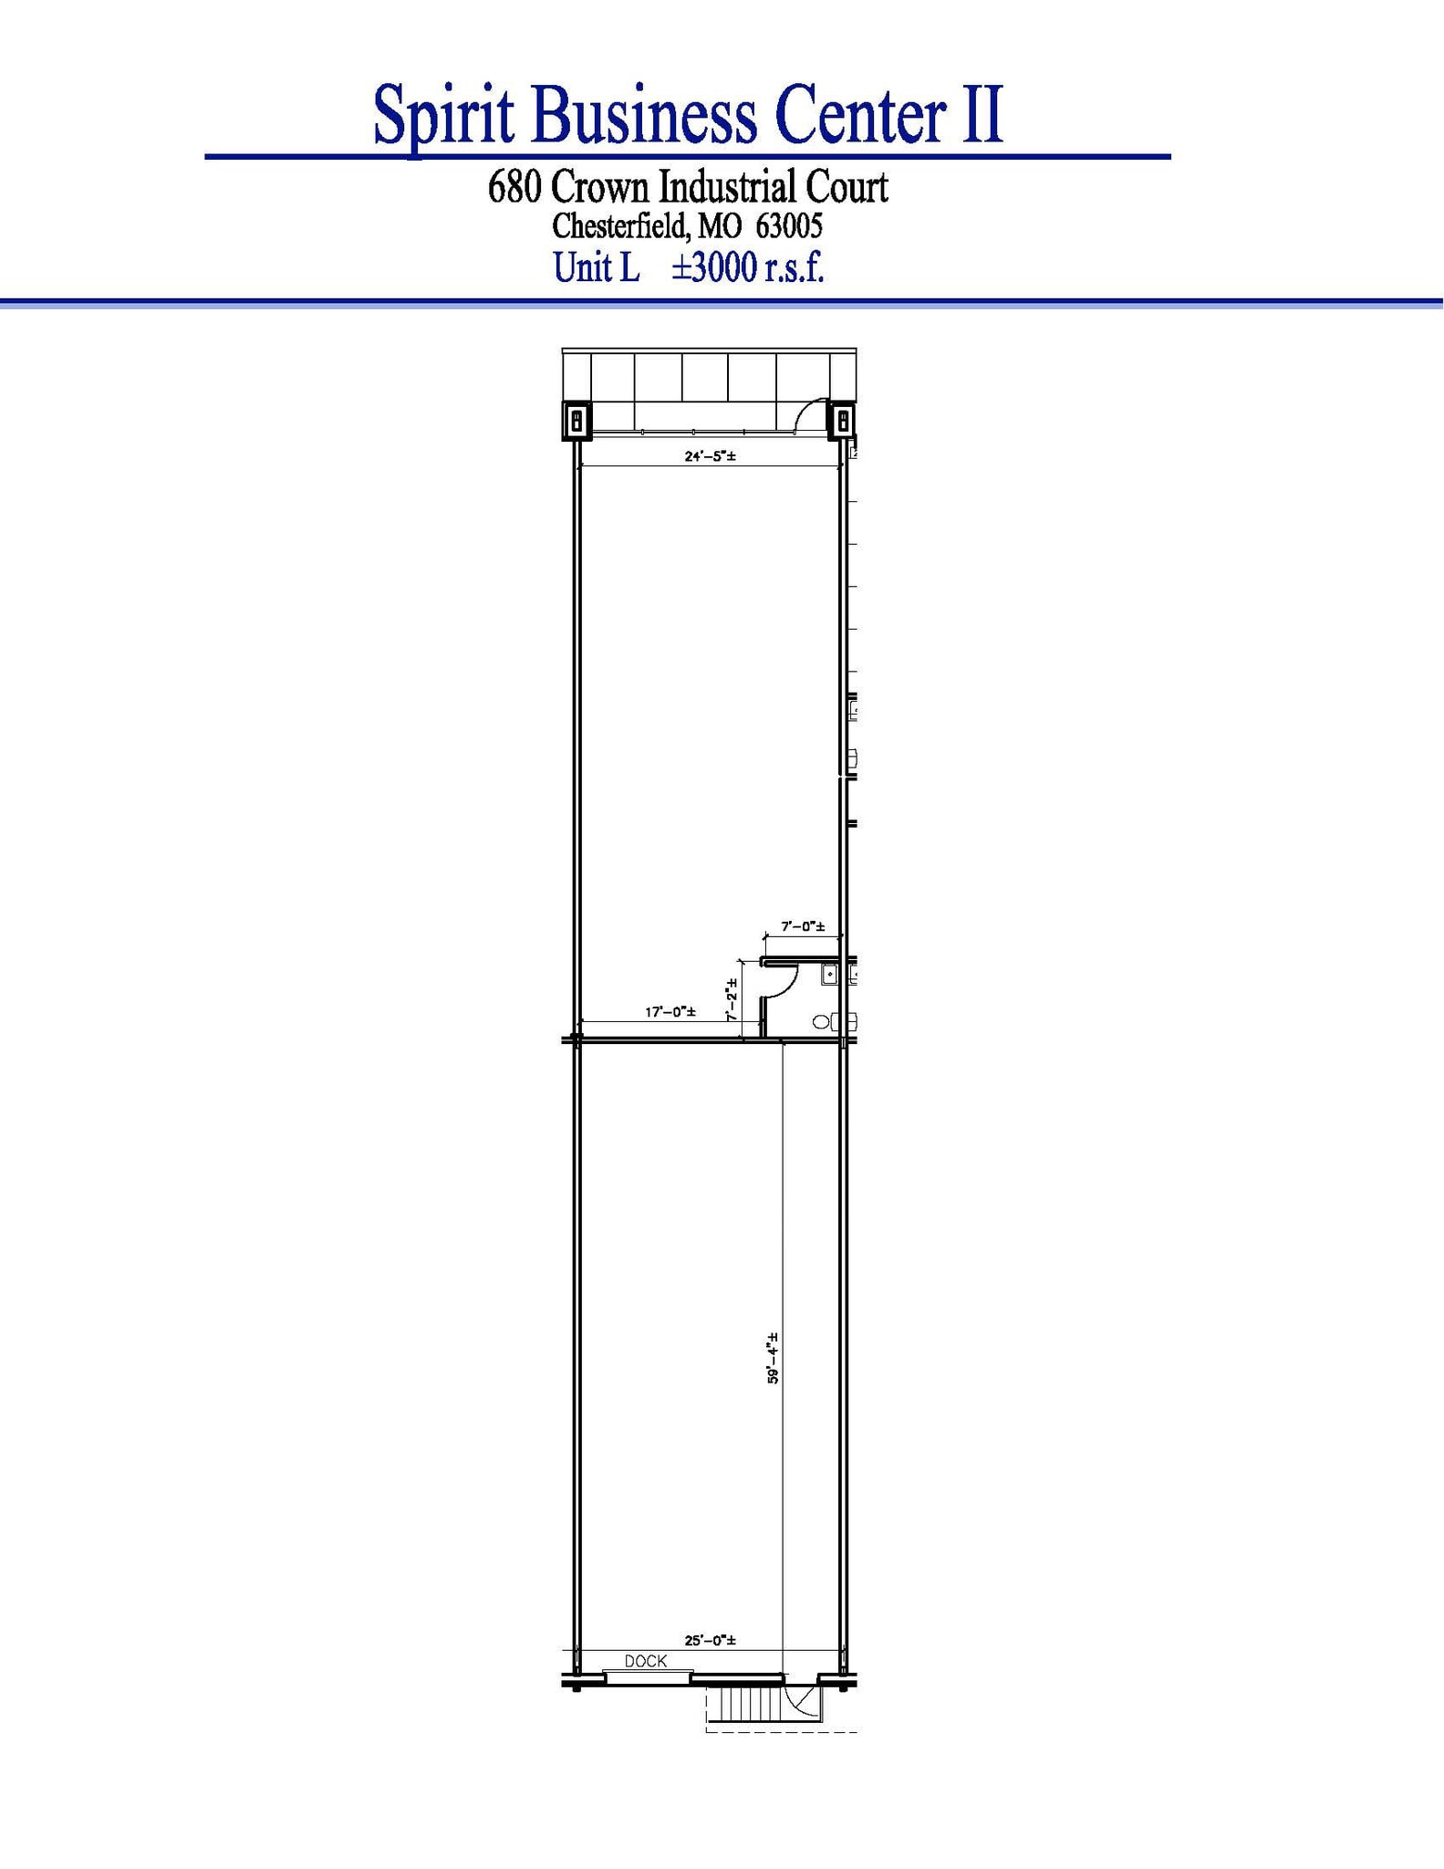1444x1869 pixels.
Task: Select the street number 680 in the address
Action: [x=516, y=187]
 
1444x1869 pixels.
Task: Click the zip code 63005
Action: [x=789, y=225]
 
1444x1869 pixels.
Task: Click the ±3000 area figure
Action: [x=714, y=267]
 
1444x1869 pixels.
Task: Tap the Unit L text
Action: [x=597, y=267]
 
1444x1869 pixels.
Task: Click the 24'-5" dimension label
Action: [x=710, y=456]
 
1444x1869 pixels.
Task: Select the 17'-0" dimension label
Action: [x=670, y=1012]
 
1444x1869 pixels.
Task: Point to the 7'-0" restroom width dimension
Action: [x=803, y=926]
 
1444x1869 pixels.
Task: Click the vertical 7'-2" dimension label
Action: [x=732, y=999]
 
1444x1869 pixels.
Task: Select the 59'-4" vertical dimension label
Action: [x=773, y=1358]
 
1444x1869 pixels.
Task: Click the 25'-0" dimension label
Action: [x=710, y=1640]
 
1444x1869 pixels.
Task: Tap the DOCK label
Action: [x=646, y=1661]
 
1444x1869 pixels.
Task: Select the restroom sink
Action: [x=829, y=975]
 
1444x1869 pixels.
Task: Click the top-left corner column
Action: [x=577, y=421]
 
